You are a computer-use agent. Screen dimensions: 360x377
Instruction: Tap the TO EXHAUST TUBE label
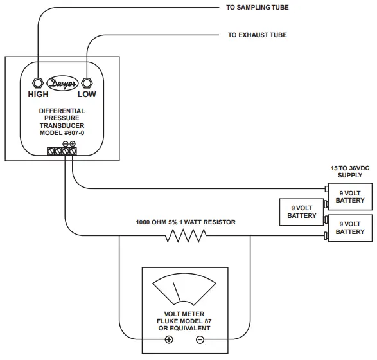[x=257, y=35]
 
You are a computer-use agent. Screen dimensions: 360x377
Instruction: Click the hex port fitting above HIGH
[x=37, y=83]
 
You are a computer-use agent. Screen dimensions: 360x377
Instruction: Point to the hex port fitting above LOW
[x=87, y=83]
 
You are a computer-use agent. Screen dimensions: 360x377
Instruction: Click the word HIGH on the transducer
[x=38, y=94]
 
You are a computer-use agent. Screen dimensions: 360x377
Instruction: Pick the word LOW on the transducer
[x=87, y=94]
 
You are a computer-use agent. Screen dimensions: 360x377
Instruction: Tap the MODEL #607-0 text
[x=62, y=132]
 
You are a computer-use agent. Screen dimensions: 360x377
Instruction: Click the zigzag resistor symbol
[x=186, y=237]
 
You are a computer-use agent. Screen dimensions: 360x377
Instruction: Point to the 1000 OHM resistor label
[x=186, y=222]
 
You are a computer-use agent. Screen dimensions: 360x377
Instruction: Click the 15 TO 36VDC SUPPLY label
[x=350, y=171]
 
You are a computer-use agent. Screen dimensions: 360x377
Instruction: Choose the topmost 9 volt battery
[x=350, y=196]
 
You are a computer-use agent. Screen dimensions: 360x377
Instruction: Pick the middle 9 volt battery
[x=301, y=212]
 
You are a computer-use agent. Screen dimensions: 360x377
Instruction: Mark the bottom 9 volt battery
[x=350, y=228]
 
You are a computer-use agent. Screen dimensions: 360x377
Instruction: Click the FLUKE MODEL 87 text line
[x=185, y=321]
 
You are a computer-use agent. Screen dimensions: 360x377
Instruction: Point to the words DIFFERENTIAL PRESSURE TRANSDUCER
[x=62, y=118]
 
